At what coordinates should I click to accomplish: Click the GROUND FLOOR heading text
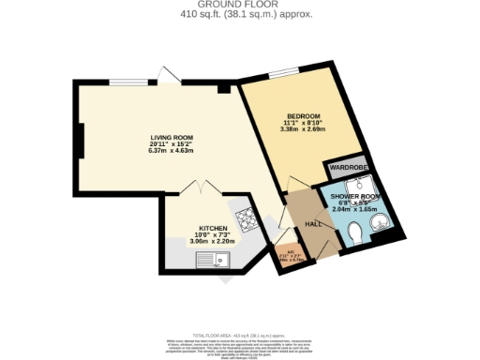point(240,6)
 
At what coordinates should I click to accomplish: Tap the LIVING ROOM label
point(171,138)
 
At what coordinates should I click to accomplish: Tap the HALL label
point(313,224)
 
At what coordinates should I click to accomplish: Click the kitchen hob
point(246,218)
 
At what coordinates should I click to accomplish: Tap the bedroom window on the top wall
point(282,74)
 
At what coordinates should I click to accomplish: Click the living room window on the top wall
point(126,82)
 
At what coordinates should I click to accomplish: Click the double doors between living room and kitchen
point(204,187)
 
